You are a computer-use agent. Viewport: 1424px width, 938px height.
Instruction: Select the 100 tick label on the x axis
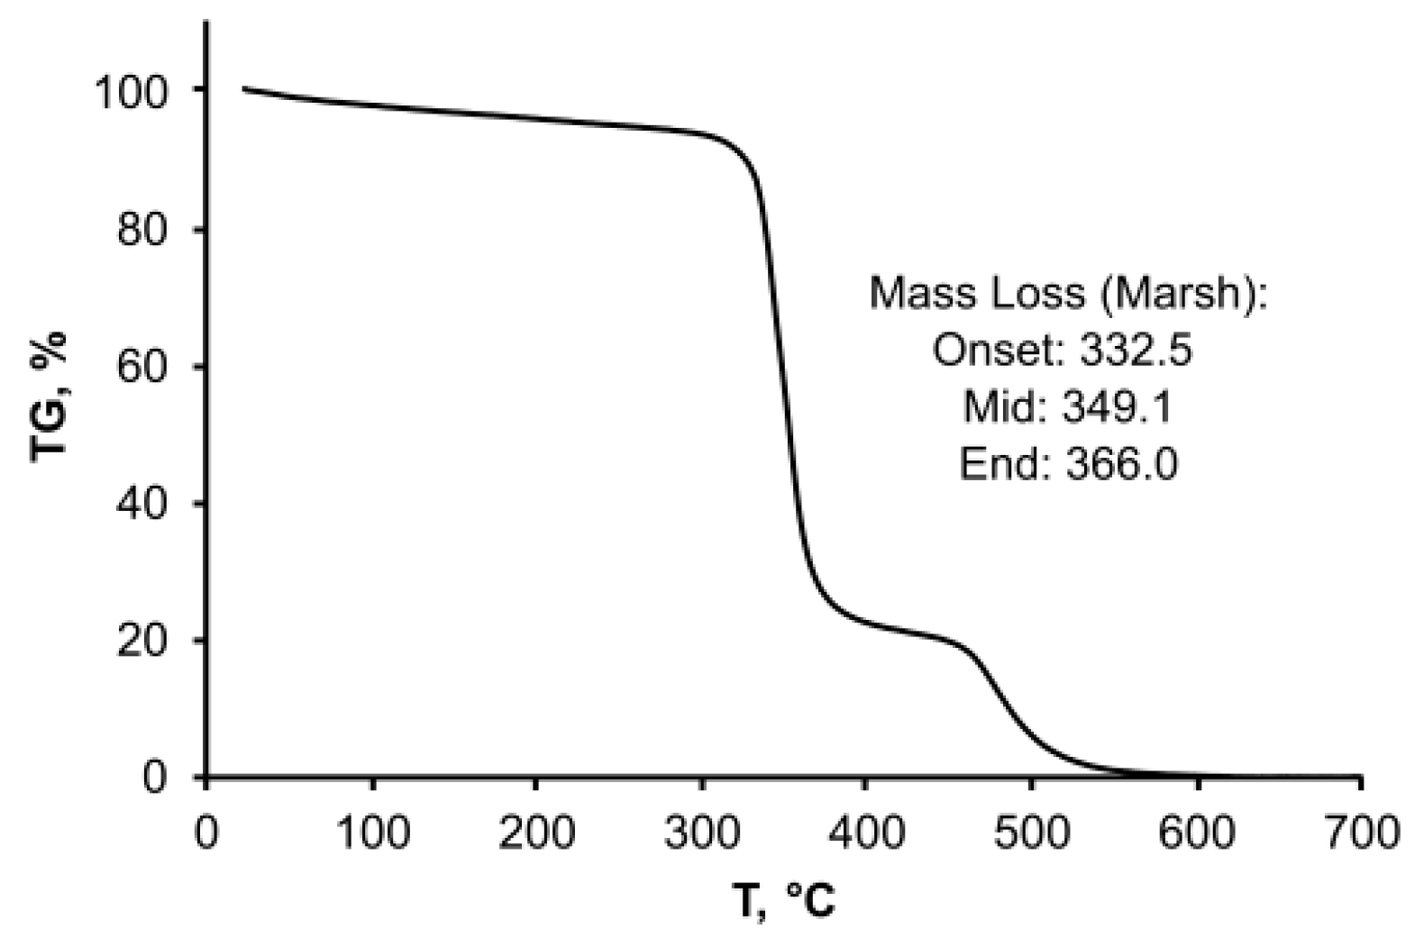(371, 833)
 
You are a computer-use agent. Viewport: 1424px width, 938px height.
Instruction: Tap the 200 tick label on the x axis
(536, 833)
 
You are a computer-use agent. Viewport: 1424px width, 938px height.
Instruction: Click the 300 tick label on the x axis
(701, 833)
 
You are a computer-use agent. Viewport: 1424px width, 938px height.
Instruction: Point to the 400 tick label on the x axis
(866, 833)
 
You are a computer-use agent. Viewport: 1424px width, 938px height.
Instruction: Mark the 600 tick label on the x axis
(1197, 833)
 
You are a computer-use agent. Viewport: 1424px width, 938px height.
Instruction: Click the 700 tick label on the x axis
(1361, 833)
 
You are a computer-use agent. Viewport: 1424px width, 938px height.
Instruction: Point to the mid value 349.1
(1117, 407)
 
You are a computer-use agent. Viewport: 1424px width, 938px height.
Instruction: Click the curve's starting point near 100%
(243, 88)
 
